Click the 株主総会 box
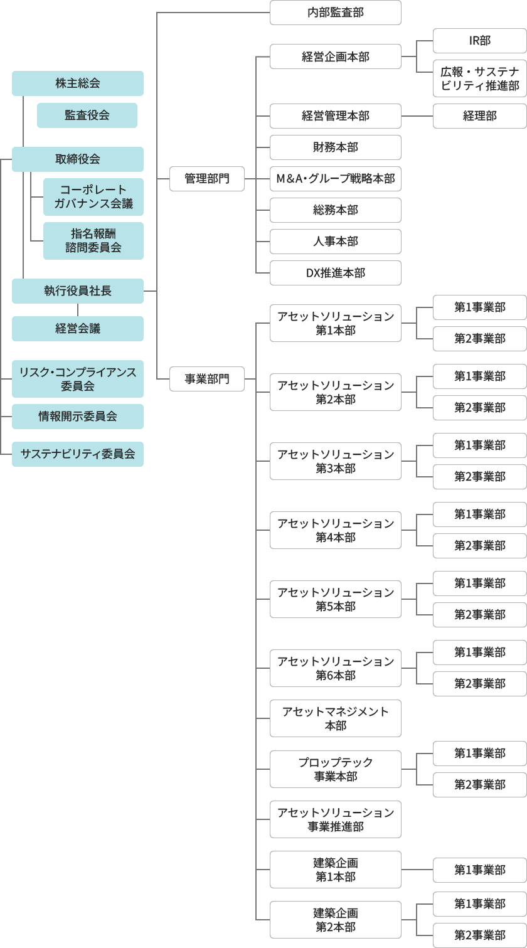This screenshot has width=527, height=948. point(78,83)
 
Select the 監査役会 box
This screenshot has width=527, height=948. point(87,115)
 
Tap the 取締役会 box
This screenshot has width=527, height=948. point(78,159)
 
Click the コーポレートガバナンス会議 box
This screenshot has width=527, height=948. point(93,197)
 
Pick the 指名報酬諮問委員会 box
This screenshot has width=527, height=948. point(93,241)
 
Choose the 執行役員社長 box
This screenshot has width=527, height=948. point(78,291)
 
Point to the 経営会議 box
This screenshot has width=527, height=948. point(78,329)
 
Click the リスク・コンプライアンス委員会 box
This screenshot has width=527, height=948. point(78,379)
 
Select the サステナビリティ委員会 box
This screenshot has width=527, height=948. point(78,454)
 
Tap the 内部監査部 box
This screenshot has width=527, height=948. point(336,13)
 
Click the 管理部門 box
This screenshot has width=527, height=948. point(207,179)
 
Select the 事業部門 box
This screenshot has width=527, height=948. point(207,379)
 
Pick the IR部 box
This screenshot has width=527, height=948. point(480,41)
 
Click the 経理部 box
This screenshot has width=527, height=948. point(480,116)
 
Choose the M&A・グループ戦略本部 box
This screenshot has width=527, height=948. point(336,179)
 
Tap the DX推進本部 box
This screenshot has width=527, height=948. point(336,273)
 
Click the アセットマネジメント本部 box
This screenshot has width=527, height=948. point(336,718)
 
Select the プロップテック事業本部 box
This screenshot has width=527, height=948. point(336,769)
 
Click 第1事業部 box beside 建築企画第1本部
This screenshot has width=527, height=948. point(480,870)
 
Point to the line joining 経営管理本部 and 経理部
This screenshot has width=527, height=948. point(417,116)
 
